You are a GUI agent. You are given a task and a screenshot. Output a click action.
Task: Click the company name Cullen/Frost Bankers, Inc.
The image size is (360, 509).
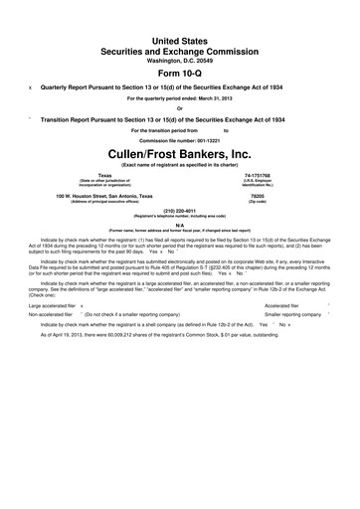(179, 156)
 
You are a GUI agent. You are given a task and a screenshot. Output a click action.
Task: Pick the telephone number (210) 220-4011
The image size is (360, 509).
(179, 211)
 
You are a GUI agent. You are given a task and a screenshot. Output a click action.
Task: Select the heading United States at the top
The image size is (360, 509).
(179, 35)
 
